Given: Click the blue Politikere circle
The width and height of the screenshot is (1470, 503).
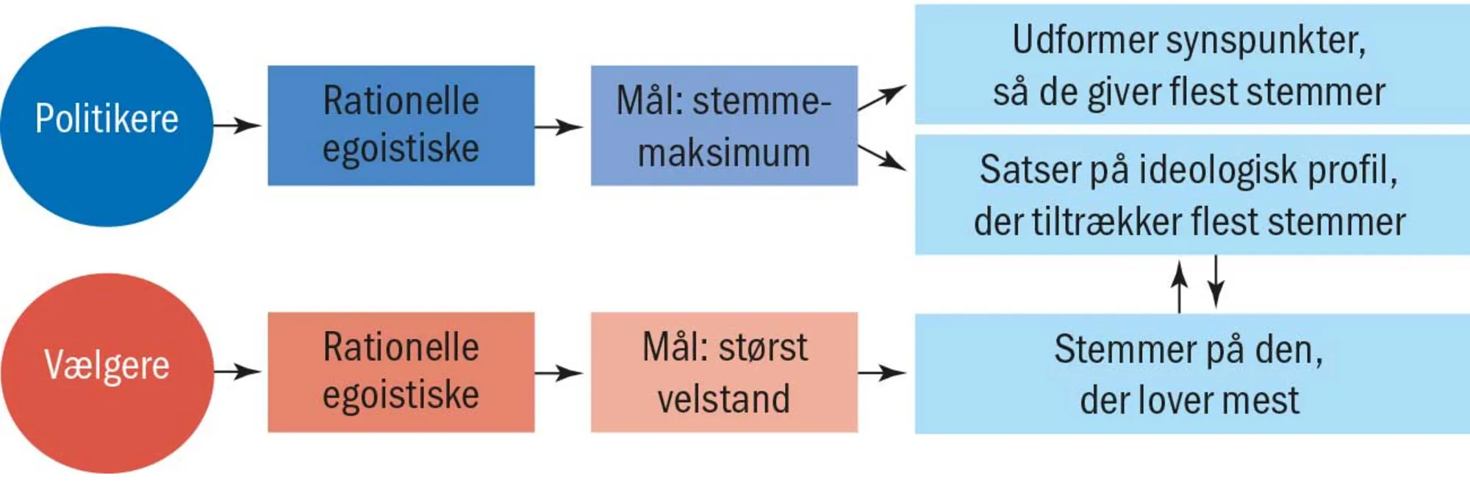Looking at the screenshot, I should coord(107,126).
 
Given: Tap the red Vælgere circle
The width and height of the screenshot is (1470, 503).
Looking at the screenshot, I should coord(107,373).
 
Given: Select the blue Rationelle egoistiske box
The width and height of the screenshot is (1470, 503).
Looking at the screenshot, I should coord(401,126).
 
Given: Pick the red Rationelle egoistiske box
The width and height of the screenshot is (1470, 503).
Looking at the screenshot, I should coord(401,372).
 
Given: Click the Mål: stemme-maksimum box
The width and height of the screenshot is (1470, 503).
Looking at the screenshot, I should coord(724,126).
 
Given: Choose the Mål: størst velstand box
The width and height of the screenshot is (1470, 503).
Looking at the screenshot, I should coord(724,372).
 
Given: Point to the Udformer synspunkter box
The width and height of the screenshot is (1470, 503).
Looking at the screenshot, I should coord(1191,65).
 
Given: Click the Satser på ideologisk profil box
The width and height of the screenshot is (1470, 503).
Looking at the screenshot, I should coord(1191,195).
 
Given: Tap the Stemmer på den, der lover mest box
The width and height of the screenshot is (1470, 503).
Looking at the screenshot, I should coord(1191,374).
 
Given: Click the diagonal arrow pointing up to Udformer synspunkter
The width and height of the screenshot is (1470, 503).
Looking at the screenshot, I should coord(882,97).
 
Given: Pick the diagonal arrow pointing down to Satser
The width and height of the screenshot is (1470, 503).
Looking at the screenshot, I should coord(882,157).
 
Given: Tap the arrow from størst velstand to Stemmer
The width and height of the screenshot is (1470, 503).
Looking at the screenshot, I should coord(882,374).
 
